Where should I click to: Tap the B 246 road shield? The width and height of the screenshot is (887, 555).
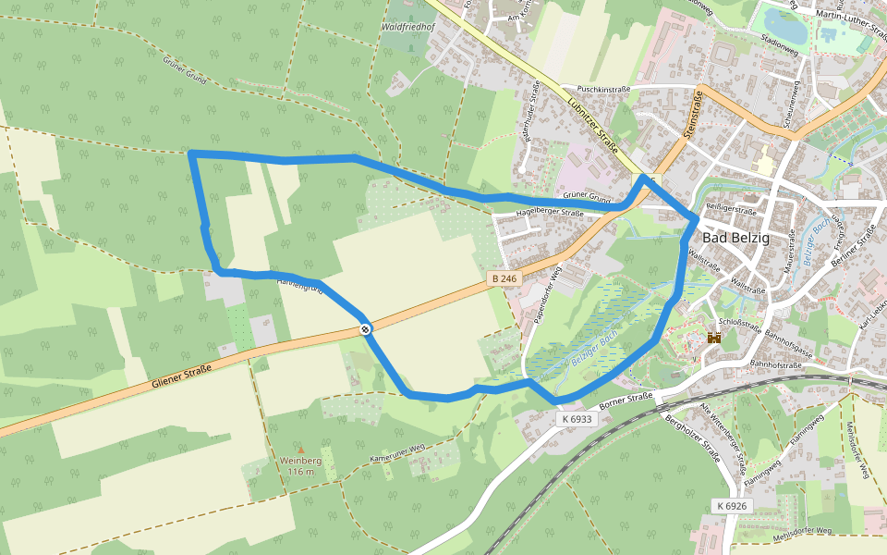point(504,278)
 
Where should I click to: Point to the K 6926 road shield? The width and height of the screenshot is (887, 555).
point(730,506)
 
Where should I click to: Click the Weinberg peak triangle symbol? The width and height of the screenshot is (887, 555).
point(300,450)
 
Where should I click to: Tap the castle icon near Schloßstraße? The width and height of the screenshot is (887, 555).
point(713,339)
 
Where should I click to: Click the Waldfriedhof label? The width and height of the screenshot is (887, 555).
point(407,28)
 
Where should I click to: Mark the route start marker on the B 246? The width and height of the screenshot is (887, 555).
point(367,328)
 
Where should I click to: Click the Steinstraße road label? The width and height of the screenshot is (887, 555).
point(694,114)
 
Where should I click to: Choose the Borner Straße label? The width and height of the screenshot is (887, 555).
point(626,400)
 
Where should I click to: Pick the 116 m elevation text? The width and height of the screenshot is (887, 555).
point(301,472)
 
